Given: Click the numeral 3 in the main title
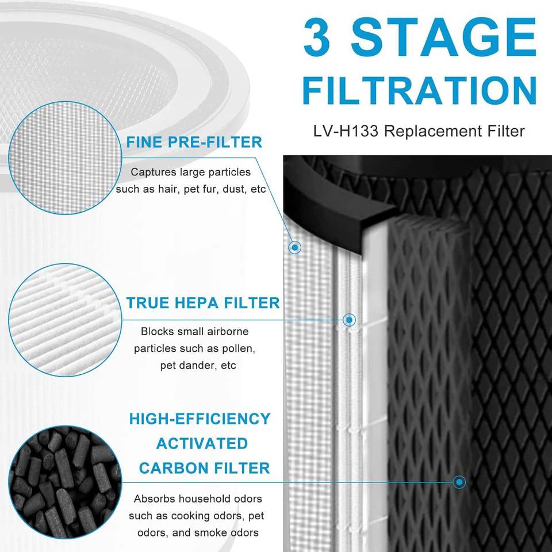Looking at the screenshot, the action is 316,37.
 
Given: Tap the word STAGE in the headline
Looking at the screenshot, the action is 443,37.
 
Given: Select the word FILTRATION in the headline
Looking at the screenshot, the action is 419,90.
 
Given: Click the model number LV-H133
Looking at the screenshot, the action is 346,131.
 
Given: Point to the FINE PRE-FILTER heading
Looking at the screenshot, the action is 194,142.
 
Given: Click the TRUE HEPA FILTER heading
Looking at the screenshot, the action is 203,303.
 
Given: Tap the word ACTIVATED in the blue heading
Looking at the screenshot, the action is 202,443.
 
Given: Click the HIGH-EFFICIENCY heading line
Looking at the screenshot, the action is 200,419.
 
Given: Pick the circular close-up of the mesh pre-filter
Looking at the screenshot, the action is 65,158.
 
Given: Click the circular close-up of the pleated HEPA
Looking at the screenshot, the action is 65,320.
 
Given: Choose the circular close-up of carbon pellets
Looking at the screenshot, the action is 65,482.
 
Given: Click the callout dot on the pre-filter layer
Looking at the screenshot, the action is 294,247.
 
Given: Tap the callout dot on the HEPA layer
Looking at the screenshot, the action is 349,320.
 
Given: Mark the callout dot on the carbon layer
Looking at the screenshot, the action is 459,482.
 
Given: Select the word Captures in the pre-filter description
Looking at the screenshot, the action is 154,172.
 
